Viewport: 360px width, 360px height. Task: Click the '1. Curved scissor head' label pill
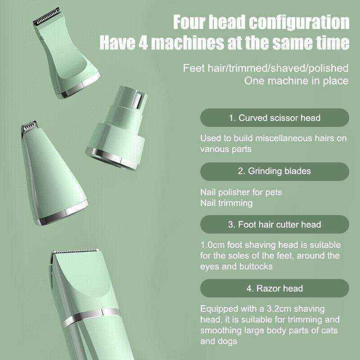point(274,118)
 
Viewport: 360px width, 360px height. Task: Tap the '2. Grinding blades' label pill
point(274,171)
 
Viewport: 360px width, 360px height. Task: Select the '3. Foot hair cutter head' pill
point(274,224)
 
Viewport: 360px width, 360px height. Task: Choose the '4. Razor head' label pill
point(274,288)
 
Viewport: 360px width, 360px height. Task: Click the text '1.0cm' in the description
point(211,246)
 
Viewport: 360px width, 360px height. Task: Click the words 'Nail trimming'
point(226,203)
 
